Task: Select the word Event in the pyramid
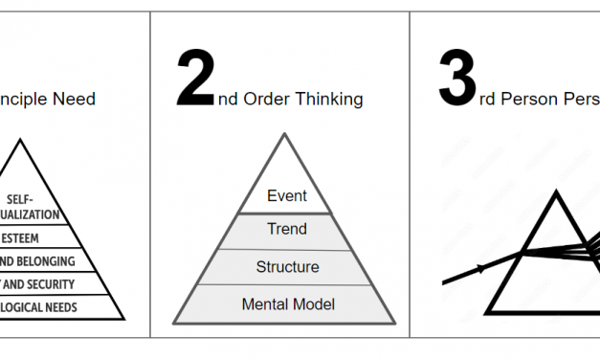tap(287, 196)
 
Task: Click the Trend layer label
tap(287, 229)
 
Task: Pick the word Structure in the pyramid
tap(287, 267)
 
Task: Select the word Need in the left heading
tap(76, 99)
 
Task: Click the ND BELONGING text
tap(38, 261)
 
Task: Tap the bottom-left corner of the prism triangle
tap(488, 312)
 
